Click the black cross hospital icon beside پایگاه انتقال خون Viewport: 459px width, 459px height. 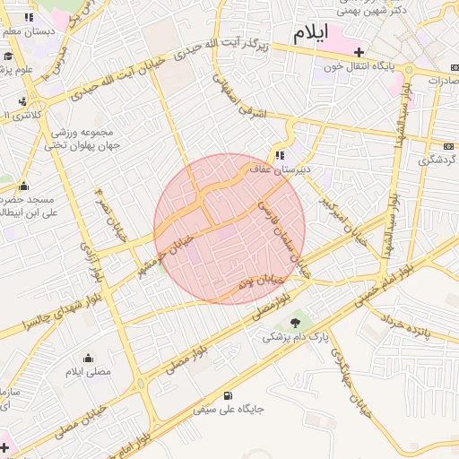[x=359, y=52]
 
